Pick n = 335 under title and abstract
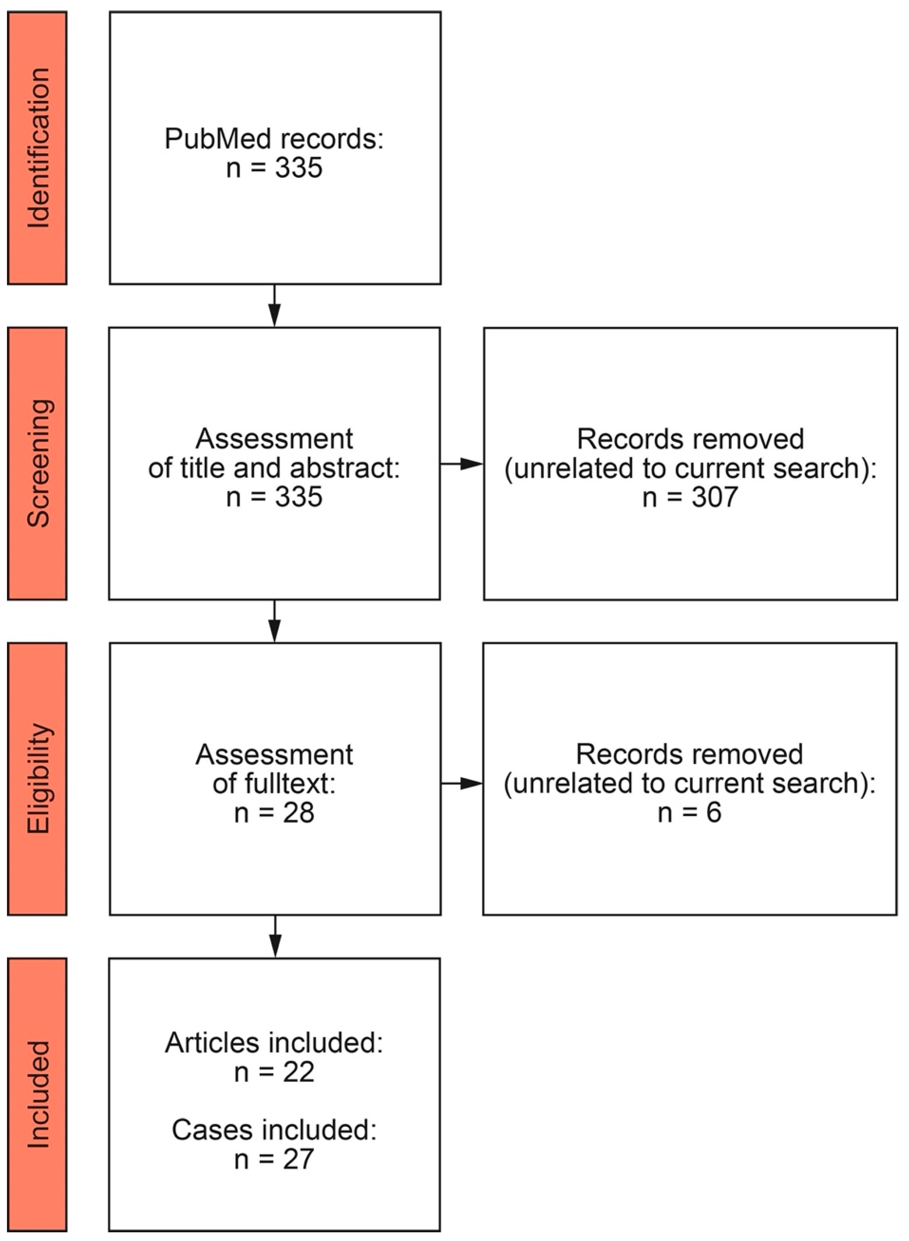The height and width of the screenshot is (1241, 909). pyautogui.click(x=274, y=497)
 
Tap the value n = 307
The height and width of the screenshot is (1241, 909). pyautogui.click(x=690, y=497)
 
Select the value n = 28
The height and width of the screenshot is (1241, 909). pyautogui.click(x=274, y=812)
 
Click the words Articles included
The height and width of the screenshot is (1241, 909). pyautogui.click(x=274, y=1043)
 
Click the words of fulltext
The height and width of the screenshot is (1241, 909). pyautogui.click(x=274, y=783)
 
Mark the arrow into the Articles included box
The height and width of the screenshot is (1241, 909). pyautogui.click(x=275, y=937)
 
